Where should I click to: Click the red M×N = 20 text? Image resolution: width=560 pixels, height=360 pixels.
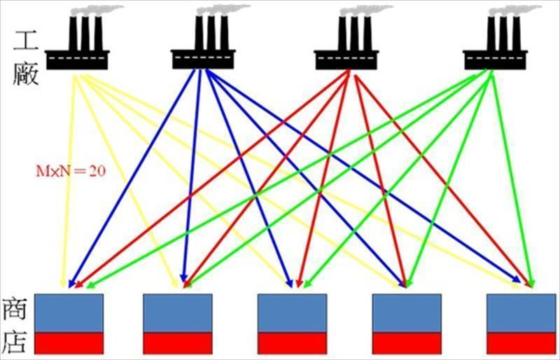pyautogui.click(x=71, y=170)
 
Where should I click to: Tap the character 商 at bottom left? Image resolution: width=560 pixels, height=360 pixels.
pyautogui.click(x=15, y=309)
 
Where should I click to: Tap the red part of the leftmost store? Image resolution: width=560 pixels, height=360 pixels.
pyautogui.click(x=69, y=343)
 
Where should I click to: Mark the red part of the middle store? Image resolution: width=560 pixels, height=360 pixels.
pyautogui.click(x=292, y=343)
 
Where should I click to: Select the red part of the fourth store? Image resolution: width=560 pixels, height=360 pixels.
pyautogui.click(x=407, y=343)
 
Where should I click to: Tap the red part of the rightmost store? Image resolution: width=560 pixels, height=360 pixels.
pyautogui.click(x=521, y=343)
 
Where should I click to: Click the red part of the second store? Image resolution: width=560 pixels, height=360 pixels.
pyautogui.click(x=177, y=343)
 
